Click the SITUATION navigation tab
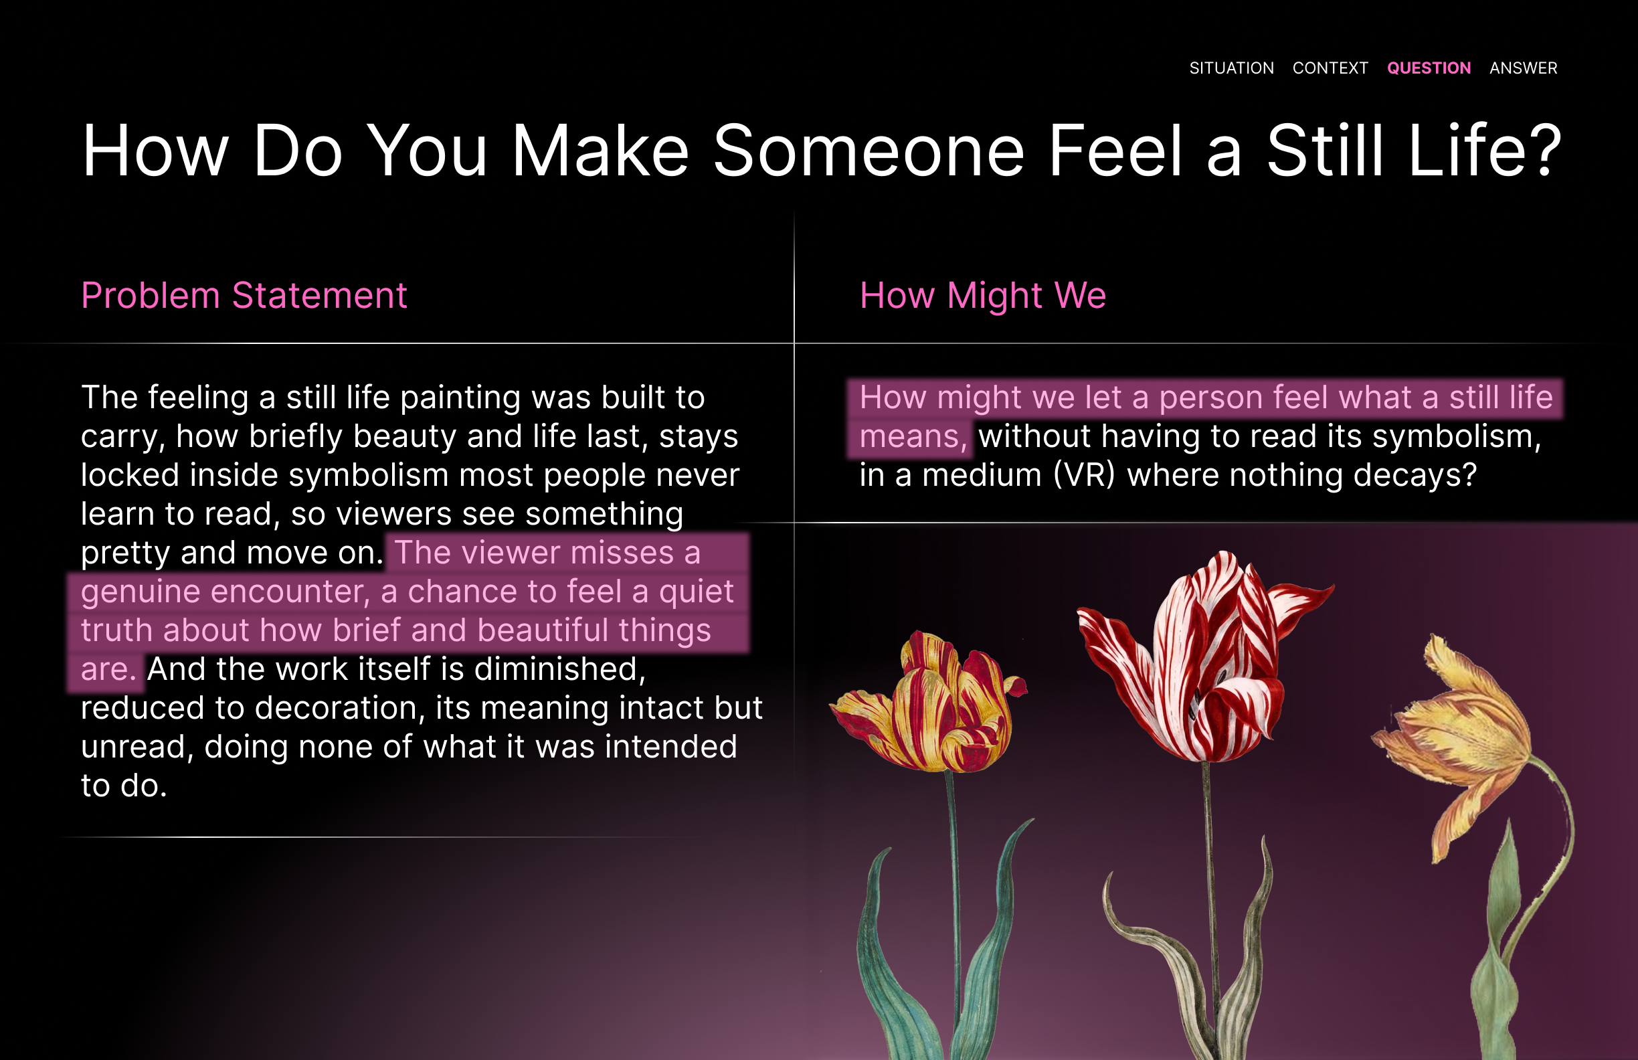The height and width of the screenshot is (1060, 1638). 1231,68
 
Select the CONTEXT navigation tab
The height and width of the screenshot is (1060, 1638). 1330,68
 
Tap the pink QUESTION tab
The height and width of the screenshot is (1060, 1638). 1429,68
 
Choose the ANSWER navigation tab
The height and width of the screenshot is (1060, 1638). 1523,68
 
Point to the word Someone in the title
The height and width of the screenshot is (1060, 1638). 869,151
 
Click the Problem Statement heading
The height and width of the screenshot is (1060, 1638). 244,296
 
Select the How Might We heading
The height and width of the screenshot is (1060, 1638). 983,296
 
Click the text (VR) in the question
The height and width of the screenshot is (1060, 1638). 1084,475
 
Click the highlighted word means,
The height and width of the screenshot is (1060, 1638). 913,437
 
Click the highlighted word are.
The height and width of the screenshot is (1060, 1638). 108,670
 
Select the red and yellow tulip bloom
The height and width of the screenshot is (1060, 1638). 929,702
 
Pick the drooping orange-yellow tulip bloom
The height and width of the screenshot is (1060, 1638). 1459,743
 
